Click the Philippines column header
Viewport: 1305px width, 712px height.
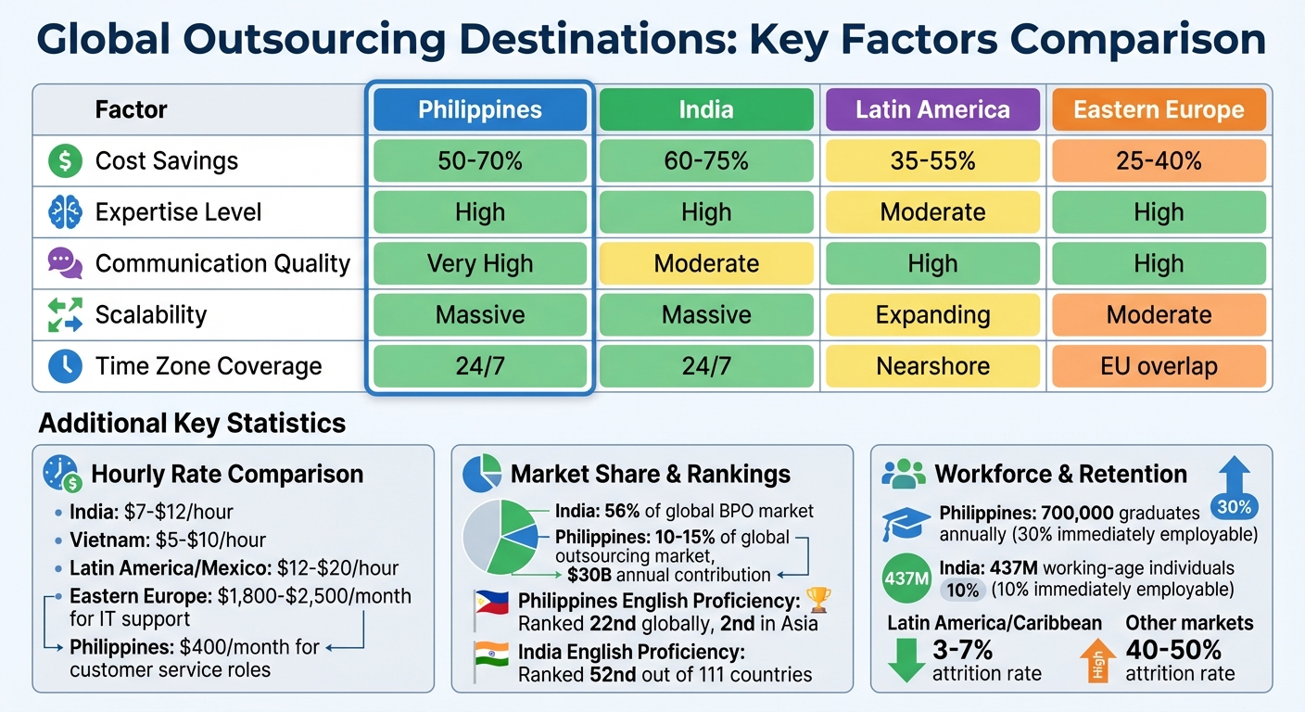[x=479, y=110]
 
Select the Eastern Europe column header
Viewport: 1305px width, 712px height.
[x=1159, y=110]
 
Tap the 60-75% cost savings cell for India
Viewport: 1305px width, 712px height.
[x=706, y=161]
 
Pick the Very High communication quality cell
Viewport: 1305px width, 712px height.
[x=479, y=263]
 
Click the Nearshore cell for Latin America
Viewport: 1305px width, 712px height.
[x=932, y=366]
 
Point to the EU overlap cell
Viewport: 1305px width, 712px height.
[x=1159, y=366]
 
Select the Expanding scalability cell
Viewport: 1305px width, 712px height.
[x=932, y=315]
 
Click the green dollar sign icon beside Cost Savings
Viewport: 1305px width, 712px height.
[x=65, y=161]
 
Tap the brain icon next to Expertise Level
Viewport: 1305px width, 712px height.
[x=65, y=212]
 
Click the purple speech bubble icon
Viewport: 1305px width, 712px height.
[x=65, y=263]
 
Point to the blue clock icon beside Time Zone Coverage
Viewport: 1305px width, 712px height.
[x=65, y=366]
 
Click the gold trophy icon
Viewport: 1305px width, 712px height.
[x=819, y=601]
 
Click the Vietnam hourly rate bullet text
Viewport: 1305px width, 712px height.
[x=168, y=540]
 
